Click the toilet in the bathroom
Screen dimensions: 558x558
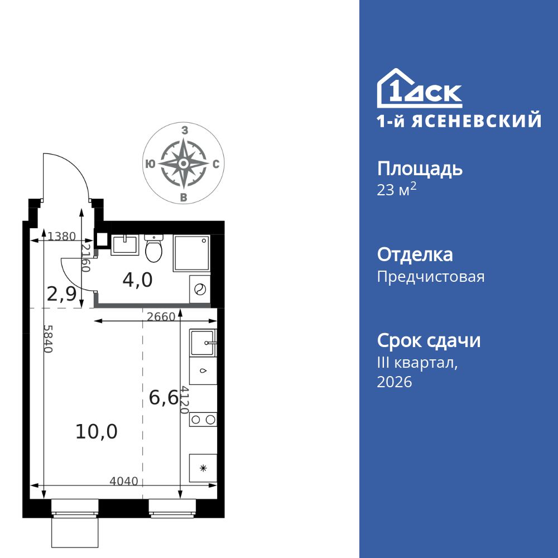pos(153,249)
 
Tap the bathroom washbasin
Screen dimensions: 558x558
pos(124,244)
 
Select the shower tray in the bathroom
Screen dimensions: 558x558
pos(191,253)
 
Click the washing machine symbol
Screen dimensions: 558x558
pos(200,290)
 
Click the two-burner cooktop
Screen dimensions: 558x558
pos(203,420)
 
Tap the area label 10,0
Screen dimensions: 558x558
pos(97,431)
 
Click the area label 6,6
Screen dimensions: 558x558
pos(163,397)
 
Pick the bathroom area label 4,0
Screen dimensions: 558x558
pos(137,280)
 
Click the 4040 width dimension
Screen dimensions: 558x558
pos(124,481)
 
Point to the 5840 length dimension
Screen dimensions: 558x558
pos(48,338)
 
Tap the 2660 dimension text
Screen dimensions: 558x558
pos(161,317)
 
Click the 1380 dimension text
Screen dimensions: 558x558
pos(61,236)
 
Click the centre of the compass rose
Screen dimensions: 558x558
pos(183,163)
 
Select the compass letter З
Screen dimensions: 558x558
pos(184,130)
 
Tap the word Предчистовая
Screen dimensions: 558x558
pos(431,277)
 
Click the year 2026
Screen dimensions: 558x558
pos(395,382)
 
